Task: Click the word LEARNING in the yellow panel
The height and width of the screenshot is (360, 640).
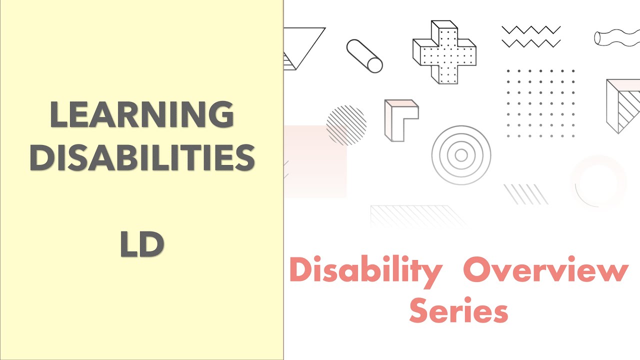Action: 142,115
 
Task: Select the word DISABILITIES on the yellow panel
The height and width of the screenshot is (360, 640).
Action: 142,157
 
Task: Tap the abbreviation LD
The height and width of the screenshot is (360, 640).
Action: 142,245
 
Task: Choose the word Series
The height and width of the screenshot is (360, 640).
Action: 458,310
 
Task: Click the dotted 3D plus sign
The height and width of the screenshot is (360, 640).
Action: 444,52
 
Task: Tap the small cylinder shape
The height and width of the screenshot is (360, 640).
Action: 364,56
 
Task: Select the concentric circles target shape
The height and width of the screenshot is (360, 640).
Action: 461,155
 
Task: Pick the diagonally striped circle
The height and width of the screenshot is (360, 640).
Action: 346,125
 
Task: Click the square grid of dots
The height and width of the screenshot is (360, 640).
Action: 540,103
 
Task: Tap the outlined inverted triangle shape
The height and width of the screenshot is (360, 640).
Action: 302,48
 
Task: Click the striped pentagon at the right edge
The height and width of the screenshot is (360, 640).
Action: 623,105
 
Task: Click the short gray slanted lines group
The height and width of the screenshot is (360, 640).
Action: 525,194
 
